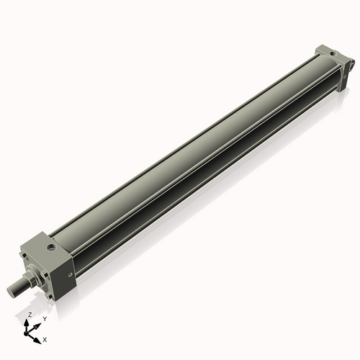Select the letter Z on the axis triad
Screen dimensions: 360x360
click(30, 315)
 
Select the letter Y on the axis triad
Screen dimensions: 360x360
click(44, 318)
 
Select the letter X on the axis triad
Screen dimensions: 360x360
click(45, 338)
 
